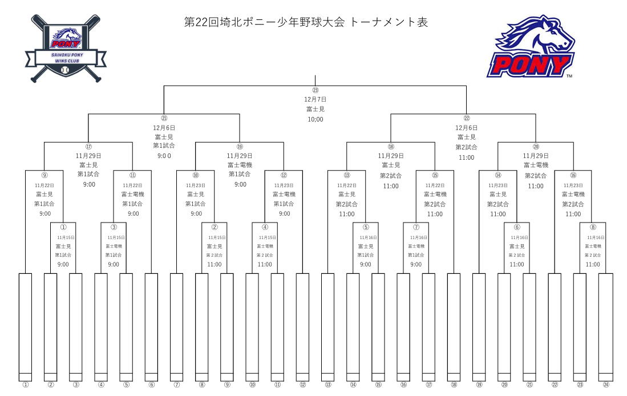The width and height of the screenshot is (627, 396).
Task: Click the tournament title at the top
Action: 306,22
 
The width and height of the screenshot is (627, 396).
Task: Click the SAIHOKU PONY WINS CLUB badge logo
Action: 66,49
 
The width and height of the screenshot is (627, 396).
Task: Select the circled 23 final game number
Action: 315,90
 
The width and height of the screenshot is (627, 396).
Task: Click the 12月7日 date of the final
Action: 315,99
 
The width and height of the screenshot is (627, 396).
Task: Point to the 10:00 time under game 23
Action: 315,119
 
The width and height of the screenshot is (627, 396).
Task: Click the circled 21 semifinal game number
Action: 164,118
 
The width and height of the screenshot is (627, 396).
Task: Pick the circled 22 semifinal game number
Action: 466,118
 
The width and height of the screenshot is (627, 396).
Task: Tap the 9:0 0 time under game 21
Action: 164,156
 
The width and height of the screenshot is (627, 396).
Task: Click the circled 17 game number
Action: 88,147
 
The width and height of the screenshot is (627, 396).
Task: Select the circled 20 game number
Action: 536,147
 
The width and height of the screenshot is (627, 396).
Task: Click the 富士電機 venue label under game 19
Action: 240,165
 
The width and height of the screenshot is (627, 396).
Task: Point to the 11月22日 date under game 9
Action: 45,185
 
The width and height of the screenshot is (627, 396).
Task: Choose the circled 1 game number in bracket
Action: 63,227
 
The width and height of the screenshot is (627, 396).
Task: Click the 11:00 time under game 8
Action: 593,264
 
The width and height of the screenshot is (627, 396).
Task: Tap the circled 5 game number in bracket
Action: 366,227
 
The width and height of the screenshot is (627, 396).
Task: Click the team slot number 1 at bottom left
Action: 26,385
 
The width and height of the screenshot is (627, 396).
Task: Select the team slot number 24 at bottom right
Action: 606,385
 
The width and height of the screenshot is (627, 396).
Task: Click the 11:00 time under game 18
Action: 391,186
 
